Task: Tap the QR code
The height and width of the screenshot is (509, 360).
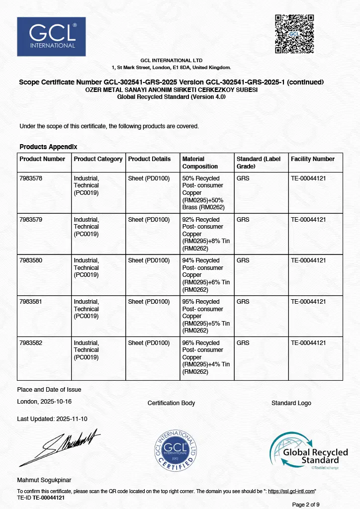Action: [295, 34]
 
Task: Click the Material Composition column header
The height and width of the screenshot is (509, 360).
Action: [200, 163]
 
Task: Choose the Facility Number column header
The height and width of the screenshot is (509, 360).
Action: [313, 159]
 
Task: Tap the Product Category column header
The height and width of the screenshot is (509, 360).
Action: [98, 159]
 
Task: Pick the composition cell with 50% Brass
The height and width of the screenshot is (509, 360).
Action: [203, 192]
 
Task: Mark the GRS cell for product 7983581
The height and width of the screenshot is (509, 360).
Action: [243, 302]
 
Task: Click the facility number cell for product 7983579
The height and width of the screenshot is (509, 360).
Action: [308, 219]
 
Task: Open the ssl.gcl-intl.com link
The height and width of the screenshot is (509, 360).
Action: [291, 492]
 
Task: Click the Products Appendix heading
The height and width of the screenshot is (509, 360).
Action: [48, 147]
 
